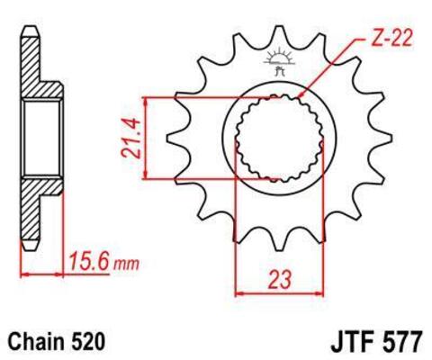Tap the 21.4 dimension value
click(x=134, y=138)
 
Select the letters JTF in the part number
click(x=334, y=342)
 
